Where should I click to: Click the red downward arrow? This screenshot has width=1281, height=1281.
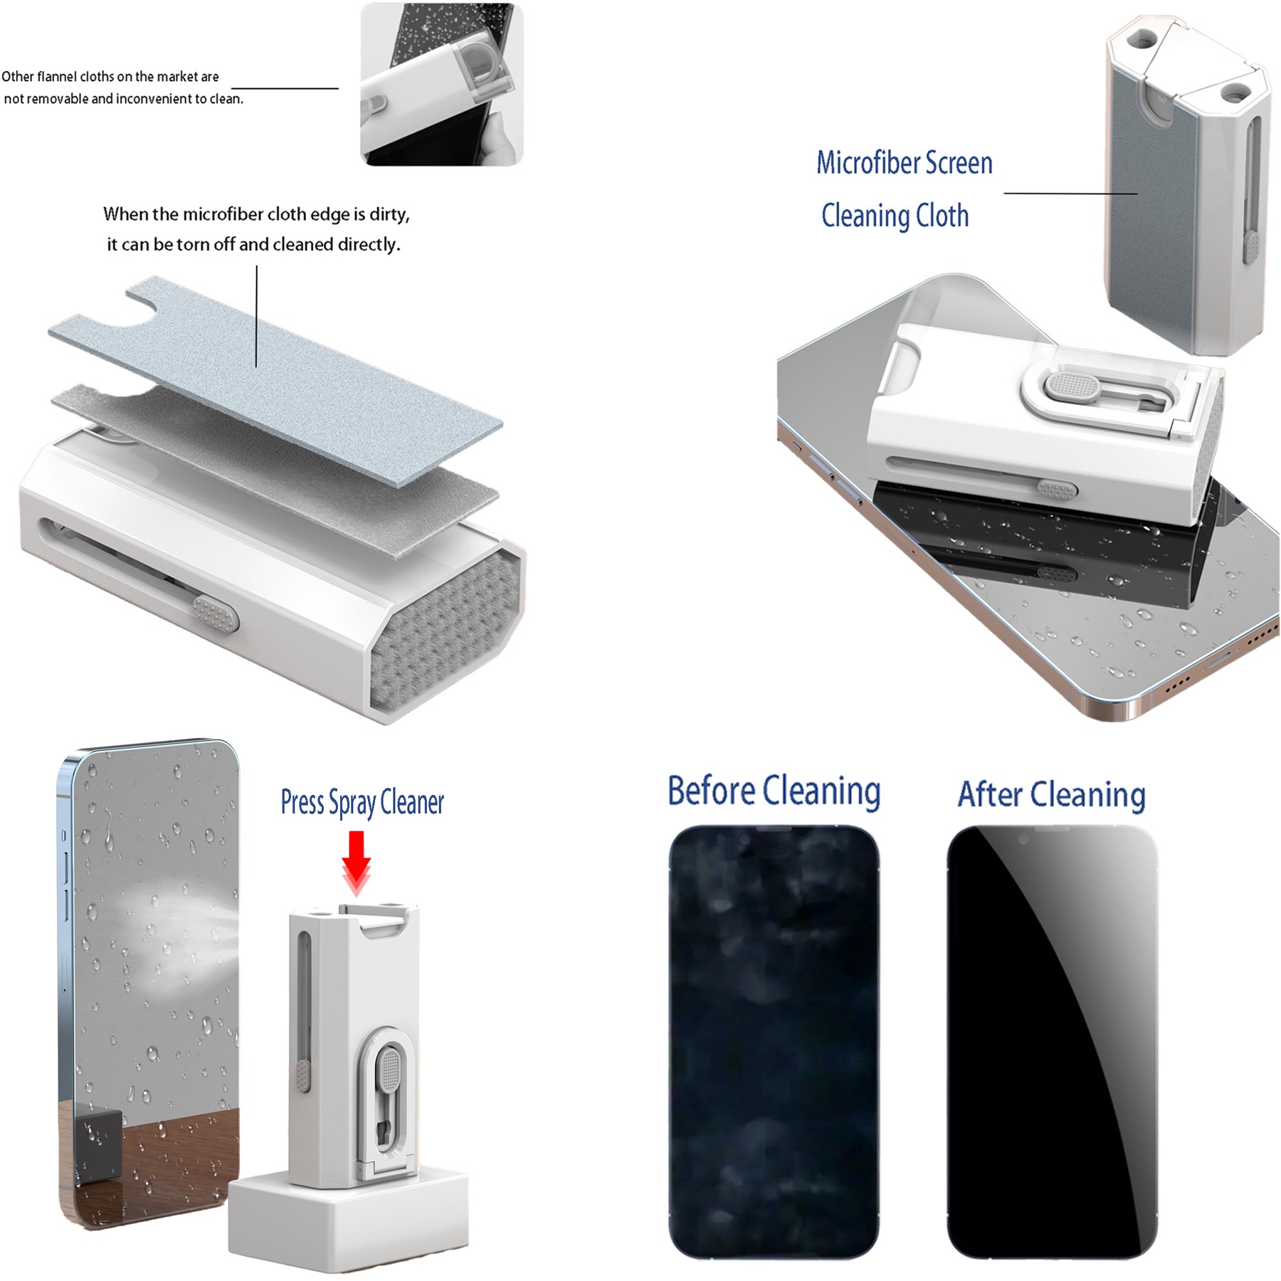[357, 863]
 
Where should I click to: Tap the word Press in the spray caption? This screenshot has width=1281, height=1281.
[302, 802]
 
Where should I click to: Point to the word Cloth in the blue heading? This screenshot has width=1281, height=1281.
[942, 216]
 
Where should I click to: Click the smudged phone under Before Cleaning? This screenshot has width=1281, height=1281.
[774, 1041]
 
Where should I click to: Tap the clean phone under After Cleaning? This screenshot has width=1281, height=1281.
[1053, 1041]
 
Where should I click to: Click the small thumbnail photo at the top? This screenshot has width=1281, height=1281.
[441, 84]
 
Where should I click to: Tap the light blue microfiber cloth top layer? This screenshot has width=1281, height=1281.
[275, 381]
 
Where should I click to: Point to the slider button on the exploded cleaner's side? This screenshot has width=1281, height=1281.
[215, 613]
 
